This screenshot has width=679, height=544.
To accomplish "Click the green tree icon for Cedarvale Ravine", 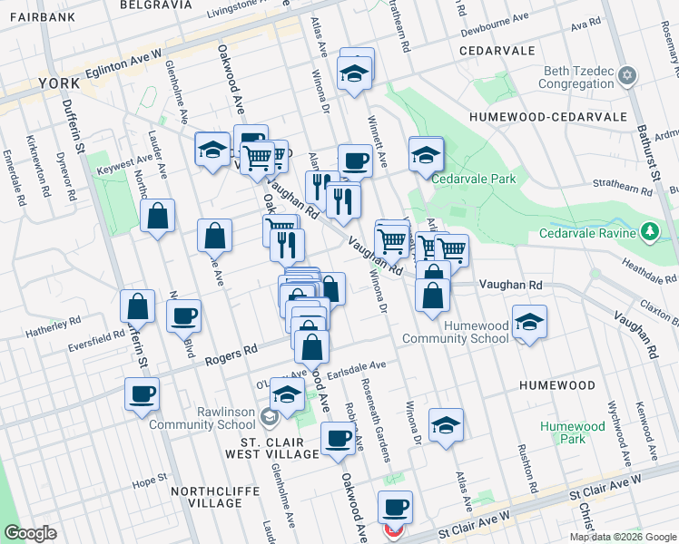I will (x=650, y=232).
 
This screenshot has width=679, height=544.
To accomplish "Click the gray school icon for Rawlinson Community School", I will (x=270, y=416).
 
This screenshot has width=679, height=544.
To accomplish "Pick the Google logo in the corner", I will (x=30, y=533).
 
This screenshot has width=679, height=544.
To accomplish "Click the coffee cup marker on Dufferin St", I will (x=142, y=395).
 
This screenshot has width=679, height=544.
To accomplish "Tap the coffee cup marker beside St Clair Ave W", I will (x=395, y=508).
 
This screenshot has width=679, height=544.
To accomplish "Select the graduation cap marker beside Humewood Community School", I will (x=529, y=322).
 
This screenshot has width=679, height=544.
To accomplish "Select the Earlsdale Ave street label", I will (x=357, y=365).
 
